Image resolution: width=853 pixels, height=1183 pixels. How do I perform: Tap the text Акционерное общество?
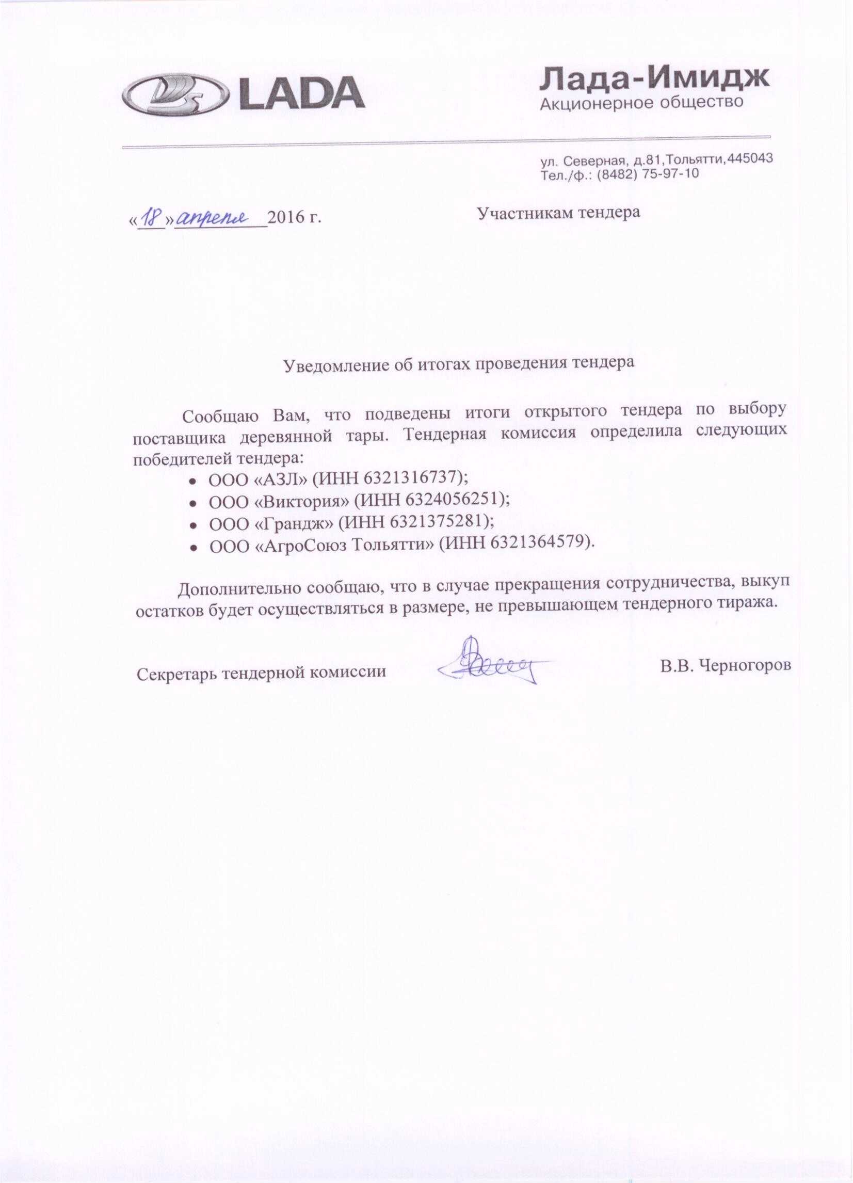641,102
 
